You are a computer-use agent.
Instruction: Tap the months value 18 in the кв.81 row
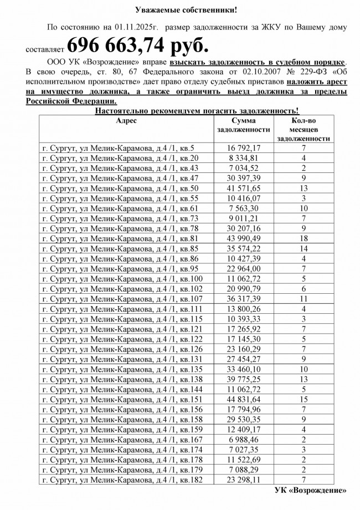tap(304, 238)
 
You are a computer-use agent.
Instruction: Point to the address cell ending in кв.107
tap(122, 298)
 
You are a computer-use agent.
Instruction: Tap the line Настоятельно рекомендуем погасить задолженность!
tap(197, 111)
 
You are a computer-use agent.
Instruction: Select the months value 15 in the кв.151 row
tap(304, 400)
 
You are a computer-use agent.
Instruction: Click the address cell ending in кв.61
tap(120, 208)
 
